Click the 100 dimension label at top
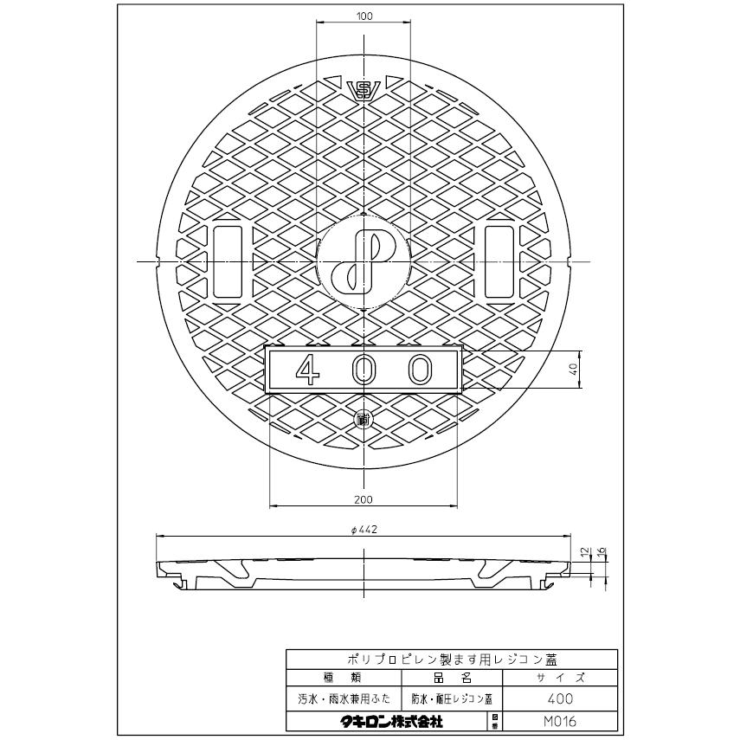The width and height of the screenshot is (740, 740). click(364, 16)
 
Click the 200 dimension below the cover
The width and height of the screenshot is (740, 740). click(364, 499)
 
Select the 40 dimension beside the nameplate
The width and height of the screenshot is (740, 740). click(572, 370)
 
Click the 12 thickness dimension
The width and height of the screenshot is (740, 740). click(586, 550)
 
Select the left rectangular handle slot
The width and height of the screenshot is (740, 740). click(228, 262)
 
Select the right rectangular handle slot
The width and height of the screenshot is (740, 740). click(499, 262)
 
